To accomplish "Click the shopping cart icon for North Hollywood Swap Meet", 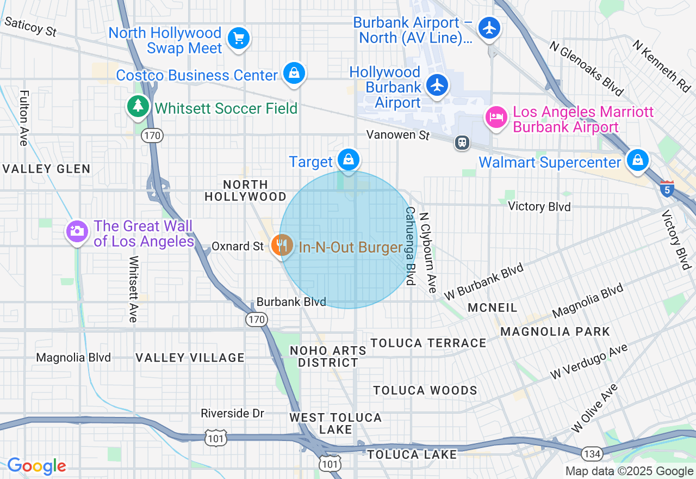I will point(238,39).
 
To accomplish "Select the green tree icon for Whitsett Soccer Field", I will point(138,106).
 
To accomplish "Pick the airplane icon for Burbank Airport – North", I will point(489,27).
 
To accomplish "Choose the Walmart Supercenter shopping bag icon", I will point(637,160).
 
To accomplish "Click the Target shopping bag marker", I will point(348,160).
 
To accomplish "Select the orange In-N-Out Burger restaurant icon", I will point(282,245).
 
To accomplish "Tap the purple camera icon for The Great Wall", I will point(77,231).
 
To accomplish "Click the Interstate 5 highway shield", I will point(667,188).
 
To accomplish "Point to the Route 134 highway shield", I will point(591,453).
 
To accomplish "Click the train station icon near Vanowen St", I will point(462,143).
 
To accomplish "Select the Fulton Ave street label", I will point(23,118).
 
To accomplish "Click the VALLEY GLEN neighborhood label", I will point(47,169).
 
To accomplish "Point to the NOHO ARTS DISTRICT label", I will point(328,356).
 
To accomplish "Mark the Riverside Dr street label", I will point(232,414).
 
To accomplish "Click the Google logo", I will point(36,466).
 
